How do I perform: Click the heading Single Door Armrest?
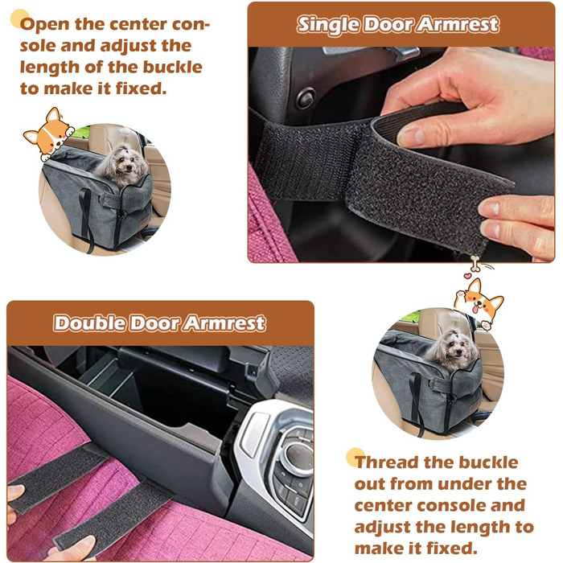398,25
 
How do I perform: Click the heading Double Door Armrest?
160,323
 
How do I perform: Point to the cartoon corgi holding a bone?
479,302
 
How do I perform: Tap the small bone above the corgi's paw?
475,263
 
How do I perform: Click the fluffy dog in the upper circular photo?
121,166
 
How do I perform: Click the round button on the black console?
305,98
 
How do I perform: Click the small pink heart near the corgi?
467,276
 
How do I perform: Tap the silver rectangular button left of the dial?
254,434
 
